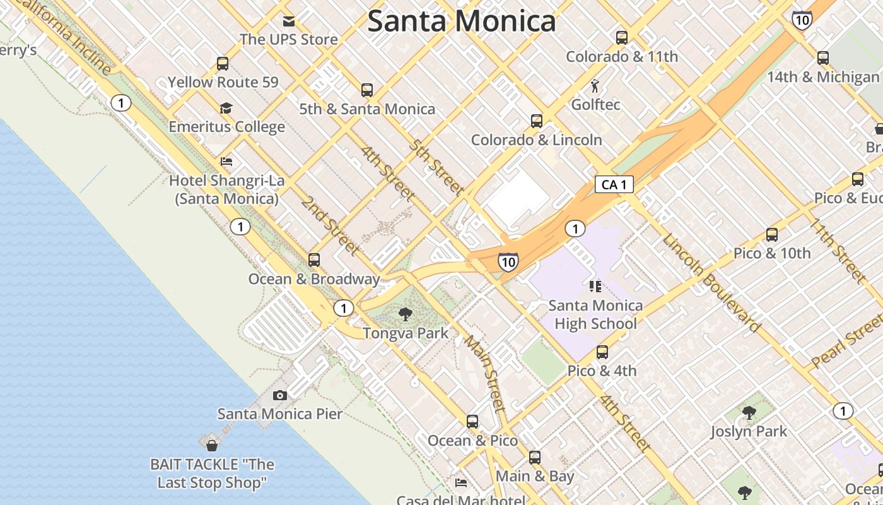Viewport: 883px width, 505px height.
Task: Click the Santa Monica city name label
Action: coord(461,21)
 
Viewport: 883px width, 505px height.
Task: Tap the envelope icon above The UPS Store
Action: coord(289,21)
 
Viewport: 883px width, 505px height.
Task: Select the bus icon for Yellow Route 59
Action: coord(223,64)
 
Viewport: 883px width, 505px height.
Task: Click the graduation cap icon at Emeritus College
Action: coord(226,109)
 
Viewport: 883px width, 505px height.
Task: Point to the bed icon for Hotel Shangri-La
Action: coord(226,162)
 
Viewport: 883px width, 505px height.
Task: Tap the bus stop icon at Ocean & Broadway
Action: coord(313,260)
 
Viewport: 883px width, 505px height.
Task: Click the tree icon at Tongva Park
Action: coord(406,314)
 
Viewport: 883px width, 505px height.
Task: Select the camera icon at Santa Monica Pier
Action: coord(279,396)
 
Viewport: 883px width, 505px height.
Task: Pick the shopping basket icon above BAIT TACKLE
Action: coord(212,446)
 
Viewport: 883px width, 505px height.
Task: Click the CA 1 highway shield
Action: coord(614,184)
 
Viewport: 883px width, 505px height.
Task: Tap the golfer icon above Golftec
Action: coord(595,86)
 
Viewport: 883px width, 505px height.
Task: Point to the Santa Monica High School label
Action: coord(595,314)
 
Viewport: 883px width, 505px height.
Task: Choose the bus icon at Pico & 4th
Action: coord(602,352)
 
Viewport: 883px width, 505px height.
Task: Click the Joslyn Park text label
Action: coord(749,432)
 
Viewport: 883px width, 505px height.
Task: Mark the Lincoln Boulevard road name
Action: coord(711,283)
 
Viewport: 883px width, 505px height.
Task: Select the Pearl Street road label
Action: coord(846,341)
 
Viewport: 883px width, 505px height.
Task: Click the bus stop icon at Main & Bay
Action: coord(535,458)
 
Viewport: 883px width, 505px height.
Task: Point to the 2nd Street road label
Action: coord(330,225)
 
